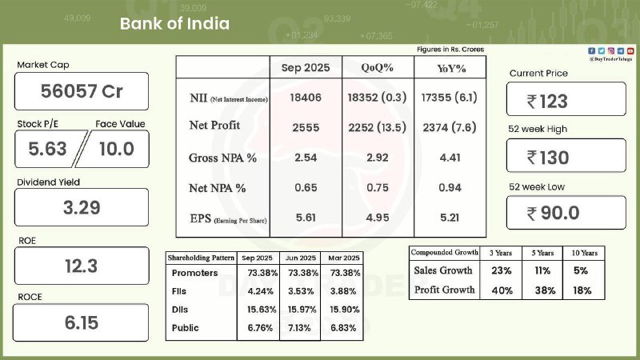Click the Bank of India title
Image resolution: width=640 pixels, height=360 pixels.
click(174, 23)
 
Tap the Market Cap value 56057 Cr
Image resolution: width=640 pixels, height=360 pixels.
click(82, 91)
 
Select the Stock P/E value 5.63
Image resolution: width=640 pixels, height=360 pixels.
click(46, 149)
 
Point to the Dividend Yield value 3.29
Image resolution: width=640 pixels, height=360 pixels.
click(82, 208)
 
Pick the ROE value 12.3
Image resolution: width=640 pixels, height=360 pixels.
click(82, 266)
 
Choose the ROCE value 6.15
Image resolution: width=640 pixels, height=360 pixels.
click(82, 323)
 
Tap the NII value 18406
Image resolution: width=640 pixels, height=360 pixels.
click(305, 98)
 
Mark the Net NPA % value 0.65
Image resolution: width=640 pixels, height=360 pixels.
click(305, 188)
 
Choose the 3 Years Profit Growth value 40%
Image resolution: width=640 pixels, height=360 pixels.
click(502, 290)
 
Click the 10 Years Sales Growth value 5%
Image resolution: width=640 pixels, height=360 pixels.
click(582, 270)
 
